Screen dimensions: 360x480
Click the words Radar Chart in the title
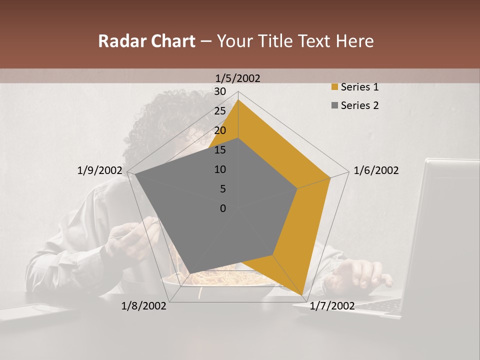tap(146, 41)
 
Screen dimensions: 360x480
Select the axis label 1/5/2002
tap(238, 78)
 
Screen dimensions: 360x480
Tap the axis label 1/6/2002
tap(376, 170)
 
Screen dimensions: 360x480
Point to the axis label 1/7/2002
tap(332, 306)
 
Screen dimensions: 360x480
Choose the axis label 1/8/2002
tap(144, 306)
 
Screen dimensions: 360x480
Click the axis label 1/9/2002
tap(99, 170)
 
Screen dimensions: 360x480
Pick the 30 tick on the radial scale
tap(219, 91)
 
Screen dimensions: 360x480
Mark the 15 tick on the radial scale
tap(219, 150)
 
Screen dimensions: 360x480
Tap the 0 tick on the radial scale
tap(223, 208)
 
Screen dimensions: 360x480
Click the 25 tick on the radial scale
tap(219, 111)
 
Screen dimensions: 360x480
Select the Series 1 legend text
tap(359, 87)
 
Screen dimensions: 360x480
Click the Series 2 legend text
tap(359, 105)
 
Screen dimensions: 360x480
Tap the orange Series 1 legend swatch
tap(334, 87)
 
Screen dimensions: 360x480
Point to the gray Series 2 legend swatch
tap(334, 106)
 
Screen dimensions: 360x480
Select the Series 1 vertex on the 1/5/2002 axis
tap(238, 99)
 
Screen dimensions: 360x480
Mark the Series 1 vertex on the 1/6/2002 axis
tap(330, 177)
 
